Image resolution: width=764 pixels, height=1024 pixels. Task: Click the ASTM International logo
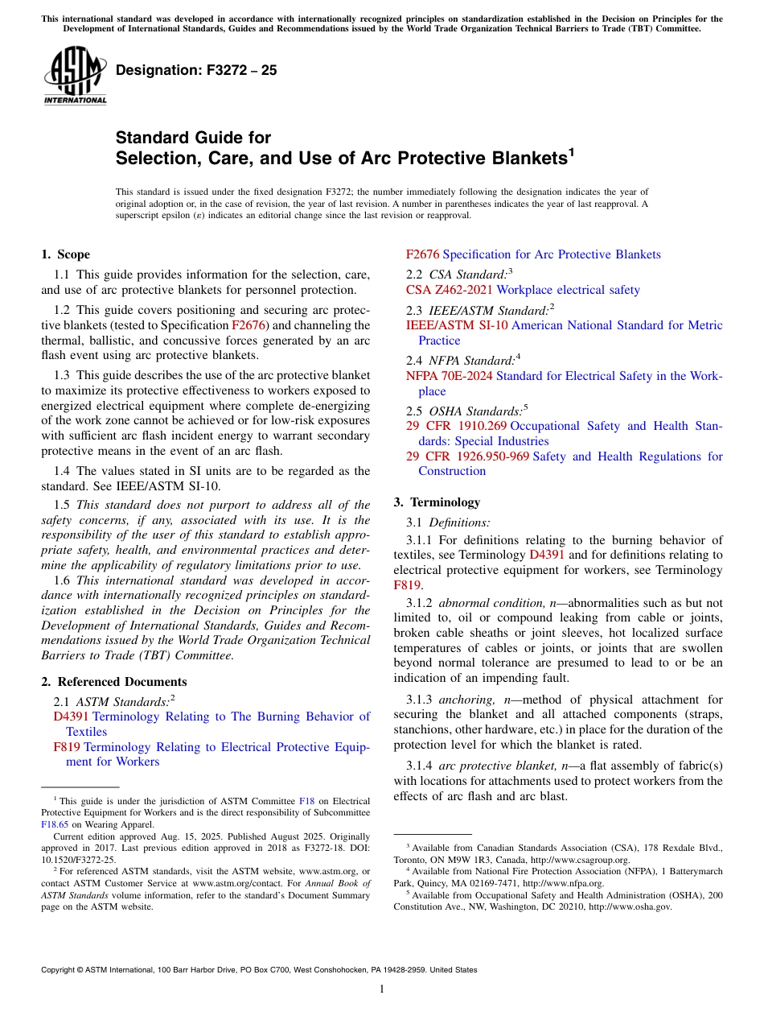coord(75,76)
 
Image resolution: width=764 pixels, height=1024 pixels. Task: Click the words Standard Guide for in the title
coord(193,138)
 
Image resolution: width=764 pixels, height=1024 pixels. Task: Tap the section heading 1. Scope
coord(65,254)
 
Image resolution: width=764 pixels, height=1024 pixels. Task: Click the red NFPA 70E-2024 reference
coord(450,376)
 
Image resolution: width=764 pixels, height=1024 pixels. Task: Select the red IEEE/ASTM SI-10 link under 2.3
coord(457,325)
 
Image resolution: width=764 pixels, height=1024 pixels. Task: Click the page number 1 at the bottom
coord(382,989)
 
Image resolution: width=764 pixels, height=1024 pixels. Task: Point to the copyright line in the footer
coord(258,970)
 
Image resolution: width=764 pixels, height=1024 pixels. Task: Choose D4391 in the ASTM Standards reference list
coord(71,716)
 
